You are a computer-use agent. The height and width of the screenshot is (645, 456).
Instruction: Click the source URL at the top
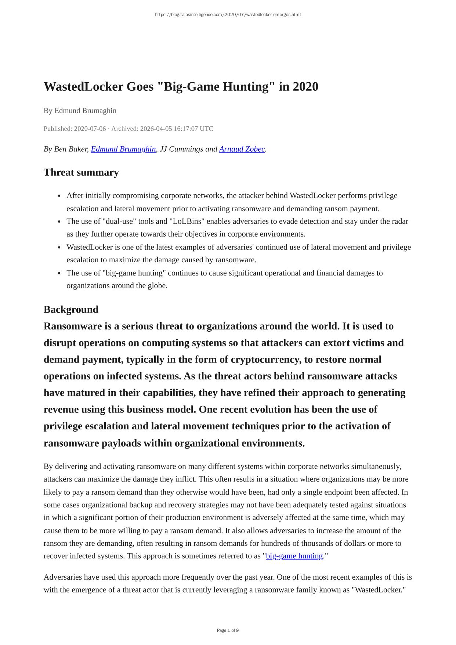click(x=228, y=15)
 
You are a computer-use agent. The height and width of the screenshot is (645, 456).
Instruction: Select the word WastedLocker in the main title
click(x=83, y=87)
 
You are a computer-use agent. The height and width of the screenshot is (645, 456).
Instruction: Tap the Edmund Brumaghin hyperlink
click(x=123, y=149)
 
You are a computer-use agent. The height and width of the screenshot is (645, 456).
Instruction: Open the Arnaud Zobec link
click(x=242, y=149)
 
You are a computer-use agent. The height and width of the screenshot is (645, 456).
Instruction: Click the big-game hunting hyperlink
click(x=294, y=556)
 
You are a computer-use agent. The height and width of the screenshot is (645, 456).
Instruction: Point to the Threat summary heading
click(x=81, y=172)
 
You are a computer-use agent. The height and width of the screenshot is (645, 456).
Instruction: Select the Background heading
click(x=71, y=309)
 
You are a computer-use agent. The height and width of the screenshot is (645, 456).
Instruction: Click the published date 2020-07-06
click(x=90, y=129)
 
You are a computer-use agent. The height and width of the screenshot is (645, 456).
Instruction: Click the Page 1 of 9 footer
click(x=228, y=630)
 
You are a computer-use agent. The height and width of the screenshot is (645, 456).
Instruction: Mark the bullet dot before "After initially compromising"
click(x=59, y=196)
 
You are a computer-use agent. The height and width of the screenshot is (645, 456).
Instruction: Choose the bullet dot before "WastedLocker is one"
click(x=59, y=247)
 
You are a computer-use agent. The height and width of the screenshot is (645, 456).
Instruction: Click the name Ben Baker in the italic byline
click(x=71, y=149)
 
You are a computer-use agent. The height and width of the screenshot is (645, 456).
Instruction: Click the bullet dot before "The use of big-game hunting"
click(x=59, y=273)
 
